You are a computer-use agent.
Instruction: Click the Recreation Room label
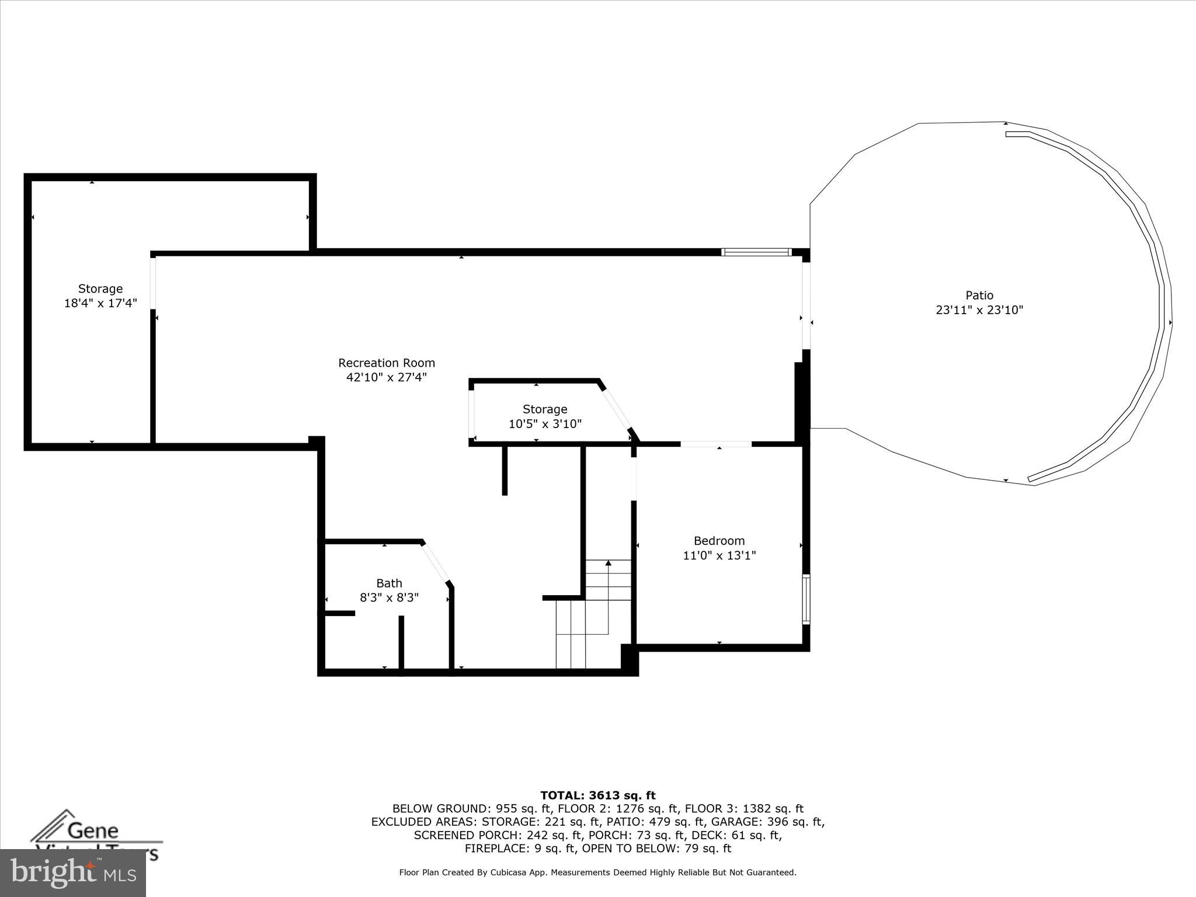[x=387, y=363]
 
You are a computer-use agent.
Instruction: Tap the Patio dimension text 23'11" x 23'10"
[x=979, y=310]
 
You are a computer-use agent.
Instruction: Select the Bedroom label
[x=719, y=541]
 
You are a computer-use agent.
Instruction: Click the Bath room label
[x=389, y=583]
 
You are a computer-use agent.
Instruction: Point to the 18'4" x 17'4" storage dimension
[x=100, y=303]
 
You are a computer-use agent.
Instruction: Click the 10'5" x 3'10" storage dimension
[x=545, y=424]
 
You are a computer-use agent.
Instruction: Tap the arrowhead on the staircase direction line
[x=608, y=563]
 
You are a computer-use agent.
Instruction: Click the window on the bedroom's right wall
[x=806, y=599]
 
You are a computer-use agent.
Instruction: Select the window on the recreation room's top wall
[x=756, y=252]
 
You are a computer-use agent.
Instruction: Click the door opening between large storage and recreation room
[x=153, y=283]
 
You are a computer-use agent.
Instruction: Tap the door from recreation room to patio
[x=806, y=305]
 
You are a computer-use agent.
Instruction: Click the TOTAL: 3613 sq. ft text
[x=597, y=795]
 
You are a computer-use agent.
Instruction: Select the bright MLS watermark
[x=73, y=872]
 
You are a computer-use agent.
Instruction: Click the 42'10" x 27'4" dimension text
[x=387, y=377]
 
